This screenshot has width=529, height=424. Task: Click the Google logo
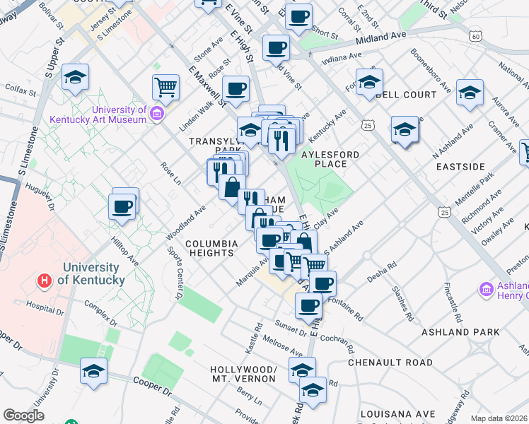[x=23, y=416]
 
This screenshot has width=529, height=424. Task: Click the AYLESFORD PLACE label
[x=330, y=159]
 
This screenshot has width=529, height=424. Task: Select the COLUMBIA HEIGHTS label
[x=210, y=248]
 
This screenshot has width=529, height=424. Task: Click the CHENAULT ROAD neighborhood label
[x=390, y=362]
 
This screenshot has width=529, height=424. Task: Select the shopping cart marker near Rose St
[x=165, y=88]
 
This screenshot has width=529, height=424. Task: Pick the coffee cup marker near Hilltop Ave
[x=122, y=207]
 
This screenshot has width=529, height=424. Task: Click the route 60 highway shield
[x=475, y=35]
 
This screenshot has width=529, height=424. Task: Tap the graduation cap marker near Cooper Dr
[x=93, y=371]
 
